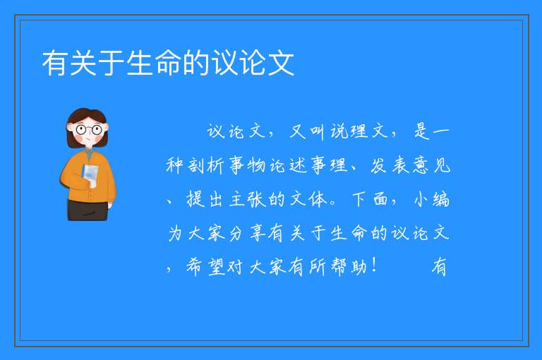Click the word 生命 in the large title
154,63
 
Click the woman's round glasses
89,130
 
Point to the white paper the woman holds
90,174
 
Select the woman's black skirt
88,210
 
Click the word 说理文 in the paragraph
359,131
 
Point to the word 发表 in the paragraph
390,165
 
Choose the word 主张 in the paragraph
246,199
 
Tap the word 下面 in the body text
370,199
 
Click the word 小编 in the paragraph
432,199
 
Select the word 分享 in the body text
246,233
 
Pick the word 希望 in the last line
205,267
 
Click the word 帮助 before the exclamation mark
349,267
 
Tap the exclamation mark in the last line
375,265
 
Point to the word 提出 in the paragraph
205,199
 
